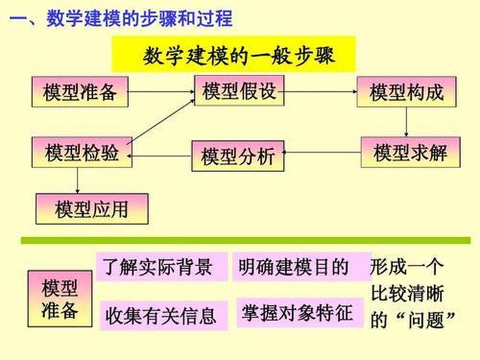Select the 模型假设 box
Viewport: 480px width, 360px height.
(239, 91)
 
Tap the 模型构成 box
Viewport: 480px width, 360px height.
(407, 92)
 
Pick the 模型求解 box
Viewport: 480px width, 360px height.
(409, 152)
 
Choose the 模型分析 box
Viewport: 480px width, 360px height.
(237, 156)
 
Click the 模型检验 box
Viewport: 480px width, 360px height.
(81, 152)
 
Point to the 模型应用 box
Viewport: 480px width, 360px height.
(91, 208)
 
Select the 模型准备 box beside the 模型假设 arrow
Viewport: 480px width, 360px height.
(80, 92)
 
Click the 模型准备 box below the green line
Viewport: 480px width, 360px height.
(60, 299)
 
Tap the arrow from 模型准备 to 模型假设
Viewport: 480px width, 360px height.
(161, 91)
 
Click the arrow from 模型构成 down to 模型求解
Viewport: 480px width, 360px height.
(407, 122)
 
